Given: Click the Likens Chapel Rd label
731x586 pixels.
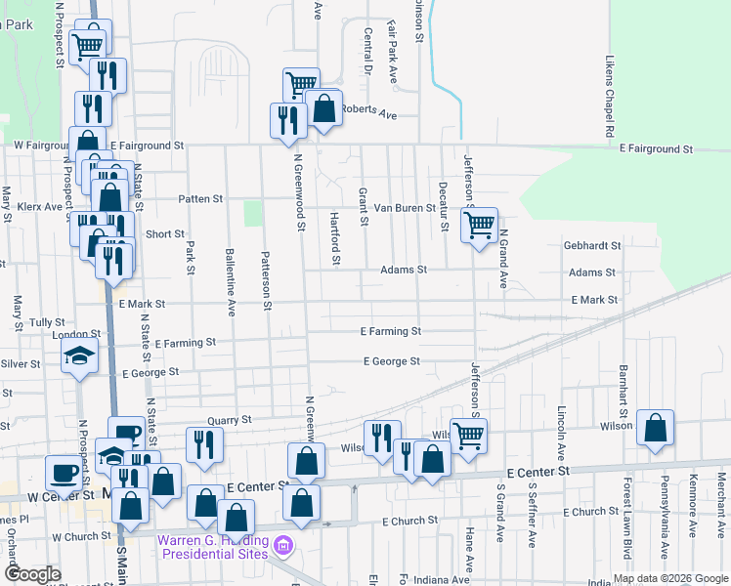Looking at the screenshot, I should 608,96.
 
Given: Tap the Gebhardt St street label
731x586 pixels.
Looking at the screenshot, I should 593,246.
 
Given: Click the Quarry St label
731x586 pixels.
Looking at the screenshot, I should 230,419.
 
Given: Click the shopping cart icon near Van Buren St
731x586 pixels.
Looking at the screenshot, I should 479,226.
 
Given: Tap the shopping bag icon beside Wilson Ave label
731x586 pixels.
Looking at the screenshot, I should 655,427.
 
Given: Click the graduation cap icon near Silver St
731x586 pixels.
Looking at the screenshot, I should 79,356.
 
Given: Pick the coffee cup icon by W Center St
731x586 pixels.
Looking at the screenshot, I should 64,474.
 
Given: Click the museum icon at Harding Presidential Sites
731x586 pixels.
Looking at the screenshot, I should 283,544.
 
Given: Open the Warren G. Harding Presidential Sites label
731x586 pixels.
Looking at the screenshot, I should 213,545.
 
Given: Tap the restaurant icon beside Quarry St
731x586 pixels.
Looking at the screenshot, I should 206,444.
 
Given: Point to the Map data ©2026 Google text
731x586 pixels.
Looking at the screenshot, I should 671,578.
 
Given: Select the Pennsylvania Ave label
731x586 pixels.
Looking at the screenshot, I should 663,533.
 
